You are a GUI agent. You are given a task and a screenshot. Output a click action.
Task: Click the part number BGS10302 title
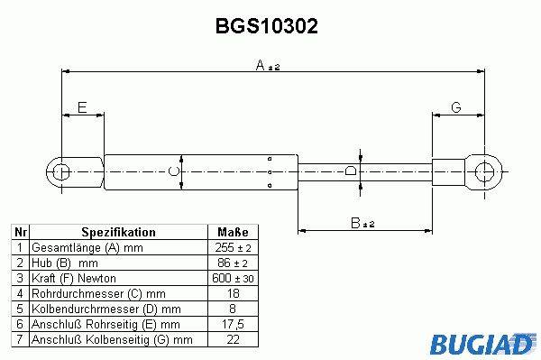[266, 26]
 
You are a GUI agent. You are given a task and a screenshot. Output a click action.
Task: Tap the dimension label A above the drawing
[261, 65]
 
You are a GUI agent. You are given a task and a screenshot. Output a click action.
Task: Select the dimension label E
[82, 107]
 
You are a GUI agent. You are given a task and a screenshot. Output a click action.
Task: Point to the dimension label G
[456, 107]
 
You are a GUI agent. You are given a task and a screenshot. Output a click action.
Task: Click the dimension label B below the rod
[355, 223]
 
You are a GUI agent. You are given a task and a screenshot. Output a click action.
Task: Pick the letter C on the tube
[173, 171]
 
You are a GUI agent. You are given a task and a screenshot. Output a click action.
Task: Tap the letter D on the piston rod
[351, 171]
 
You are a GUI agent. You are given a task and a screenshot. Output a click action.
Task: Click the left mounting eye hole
[61, 172]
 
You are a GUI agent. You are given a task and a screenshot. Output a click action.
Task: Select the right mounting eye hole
[484, 171]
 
